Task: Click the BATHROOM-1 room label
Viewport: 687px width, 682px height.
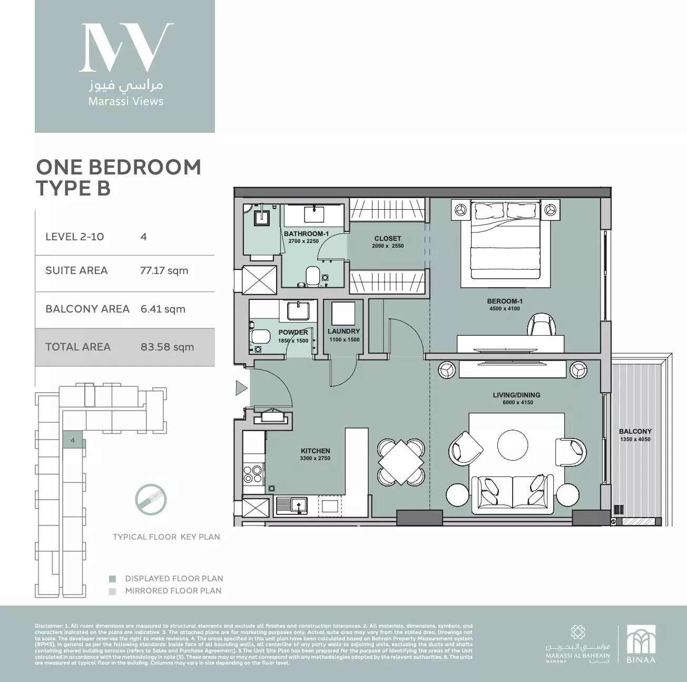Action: click(306, 233)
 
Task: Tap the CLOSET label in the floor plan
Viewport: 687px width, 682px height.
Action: click(387, 239)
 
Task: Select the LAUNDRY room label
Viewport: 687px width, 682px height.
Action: click(343, 332)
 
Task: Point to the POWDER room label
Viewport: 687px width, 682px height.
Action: click(293, 333)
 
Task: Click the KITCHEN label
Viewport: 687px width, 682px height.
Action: click(315, 451)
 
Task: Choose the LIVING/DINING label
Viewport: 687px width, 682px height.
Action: click(516, 395)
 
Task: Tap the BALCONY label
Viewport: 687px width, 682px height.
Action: click(635, 432)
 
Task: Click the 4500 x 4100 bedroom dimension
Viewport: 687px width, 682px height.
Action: click(504, 309)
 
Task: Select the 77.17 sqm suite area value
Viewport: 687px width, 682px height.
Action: click(164, 271)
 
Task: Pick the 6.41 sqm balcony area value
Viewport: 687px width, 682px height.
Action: click(163, 309)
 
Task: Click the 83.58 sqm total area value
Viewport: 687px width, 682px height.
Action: click(167, 347)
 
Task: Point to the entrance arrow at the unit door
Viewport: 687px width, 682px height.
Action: click(241, 388)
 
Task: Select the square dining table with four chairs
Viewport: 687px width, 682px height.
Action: click(401, 462)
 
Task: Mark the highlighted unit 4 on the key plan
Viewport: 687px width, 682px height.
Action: click(73, 440)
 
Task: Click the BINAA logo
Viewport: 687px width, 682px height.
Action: click(641, 644)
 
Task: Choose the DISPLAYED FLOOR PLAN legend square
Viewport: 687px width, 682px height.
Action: click(112, 579)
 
